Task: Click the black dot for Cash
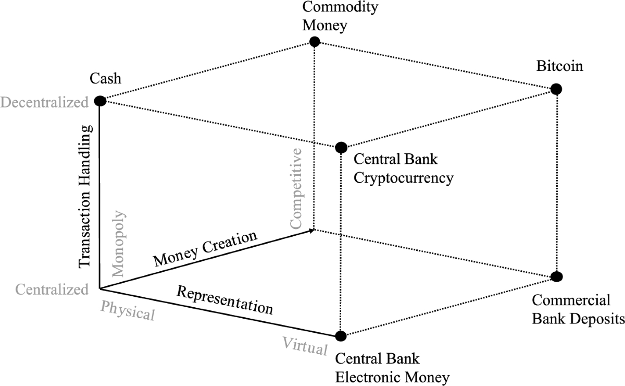99,101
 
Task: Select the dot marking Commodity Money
314,42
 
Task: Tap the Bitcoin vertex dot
556,89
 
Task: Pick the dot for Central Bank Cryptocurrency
341,148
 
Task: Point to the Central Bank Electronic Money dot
341,335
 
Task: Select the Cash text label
105,79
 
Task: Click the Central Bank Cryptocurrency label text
404,168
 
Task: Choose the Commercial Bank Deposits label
577,309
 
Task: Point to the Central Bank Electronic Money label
392,367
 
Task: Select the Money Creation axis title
206,248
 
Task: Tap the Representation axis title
224,300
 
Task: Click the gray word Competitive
296,188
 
